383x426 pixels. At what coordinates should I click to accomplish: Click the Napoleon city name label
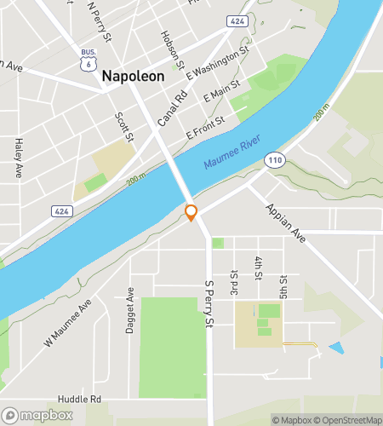[134, 76]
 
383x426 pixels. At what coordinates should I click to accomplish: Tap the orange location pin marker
[191, 212]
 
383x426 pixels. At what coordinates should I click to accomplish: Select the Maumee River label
[233, 151]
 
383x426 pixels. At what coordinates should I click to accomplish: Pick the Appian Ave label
[284, 223]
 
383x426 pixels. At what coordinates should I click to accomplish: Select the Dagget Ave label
[131, 305]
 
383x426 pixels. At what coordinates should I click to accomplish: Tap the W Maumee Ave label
[68, 326]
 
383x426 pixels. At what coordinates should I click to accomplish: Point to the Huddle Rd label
[79, 399]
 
